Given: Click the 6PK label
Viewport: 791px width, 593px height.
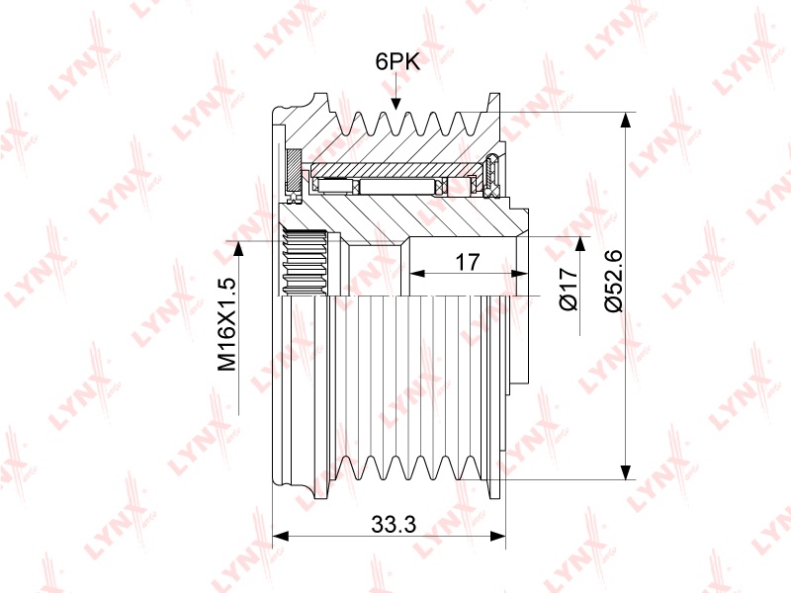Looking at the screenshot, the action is [x=397, y=62].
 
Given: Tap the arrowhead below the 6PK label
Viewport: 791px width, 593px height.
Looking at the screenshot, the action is [x=396, y=103].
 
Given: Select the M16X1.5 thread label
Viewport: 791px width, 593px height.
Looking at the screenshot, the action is [x=227, y=324].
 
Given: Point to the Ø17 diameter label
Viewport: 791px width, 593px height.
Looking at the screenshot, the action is [x=569, y=289].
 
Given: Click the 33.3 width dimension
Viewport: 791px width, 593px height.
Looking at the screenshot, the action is [x=394, y=525].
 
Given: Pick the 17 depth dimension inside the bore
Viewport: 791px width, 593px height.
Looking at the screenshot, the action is [x=468, y=262].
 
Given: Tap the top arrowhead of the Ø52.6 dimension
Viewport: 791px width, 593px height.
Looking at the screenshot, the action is [x=626, y=120].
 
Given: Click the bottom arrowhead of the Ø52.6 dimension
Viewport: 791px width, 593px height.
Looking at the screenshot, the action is [x=626, y=471].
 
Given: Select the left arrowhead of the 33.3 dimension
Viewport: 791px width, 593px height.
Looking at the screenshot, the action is [x=280, y=536].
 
